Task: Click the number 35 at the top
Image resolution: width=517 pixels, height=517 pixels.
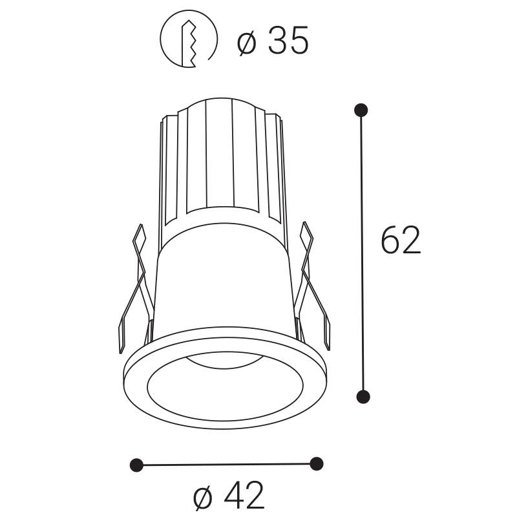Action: [288, 41]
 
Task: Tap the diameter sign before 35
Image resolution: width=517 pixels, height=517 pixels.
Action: [248, 43]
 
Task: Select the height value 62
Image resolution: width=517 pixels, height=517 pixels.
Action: [401, 240]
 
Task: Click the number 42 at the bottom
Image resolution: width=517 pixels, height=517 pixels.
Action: [244, 496]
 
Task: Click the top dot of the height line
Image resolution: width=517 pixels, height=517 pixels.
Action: [361, 110]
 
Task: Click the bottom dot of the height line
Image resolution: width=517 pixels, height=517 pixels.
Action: [363, 396]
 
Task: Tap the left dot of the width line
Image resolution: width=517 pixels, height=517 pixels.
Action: [136, 465]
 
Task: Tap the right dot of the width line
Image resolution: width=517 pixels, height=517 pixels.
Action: [316, 463]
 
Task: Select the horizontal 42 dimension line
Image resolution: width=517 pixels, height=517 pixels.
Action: [226, 464]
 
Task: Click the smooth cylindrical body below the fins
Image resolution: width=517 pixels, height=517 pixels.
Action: [223, 284]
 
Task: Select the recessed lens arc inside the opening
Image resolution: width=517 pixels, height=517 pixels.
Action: [223, 362]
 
